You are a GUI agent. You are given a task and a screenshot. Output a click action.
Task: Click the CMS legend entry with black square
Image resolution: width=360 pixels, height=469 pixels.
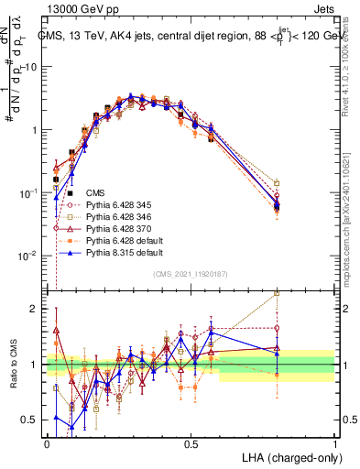[x=95, y=193]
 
